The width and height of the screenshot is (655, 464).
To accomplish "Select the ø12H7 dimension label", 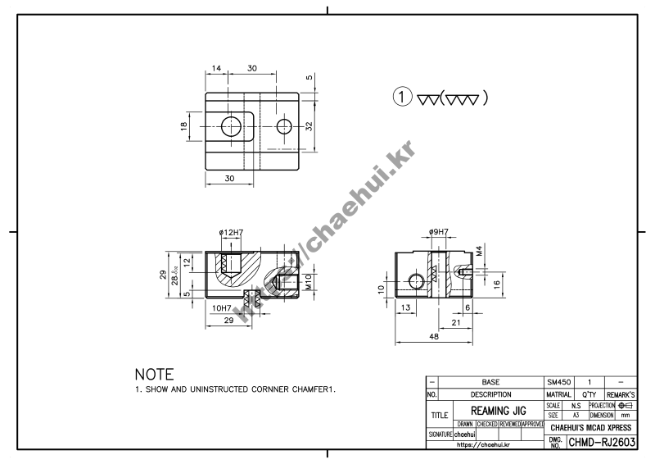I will (232, 233).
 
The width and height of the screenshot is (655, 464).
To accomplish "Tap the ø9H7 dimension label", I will (439, 233).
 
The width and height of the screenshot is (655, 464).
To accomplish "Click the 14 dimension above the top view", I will (216, 69).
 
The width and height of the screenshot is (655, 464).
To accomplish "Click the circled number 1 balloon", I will (402, 97).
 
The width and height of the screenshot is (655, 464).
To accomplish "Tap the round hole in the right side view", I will (415, 281).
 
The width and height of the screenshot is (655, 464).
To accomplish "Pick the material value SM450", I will (558, 382).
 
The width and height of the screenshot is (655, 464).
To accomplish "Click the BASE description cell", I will (490, 382).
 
